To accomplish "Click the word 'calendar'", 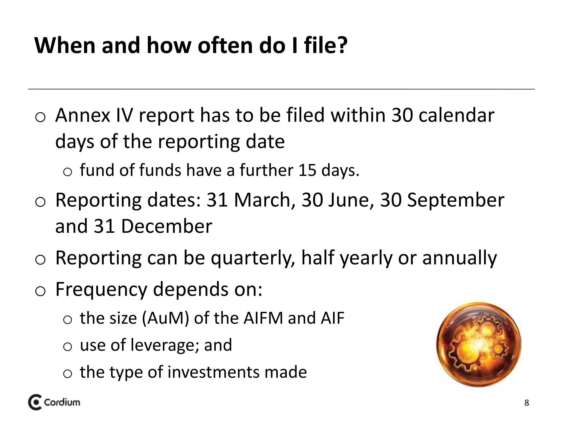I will [456, 115].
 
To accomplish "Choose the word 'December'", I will [166, 226].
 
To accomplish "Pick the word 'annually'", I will [459, 258].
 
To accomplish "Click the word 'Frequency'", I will [101, 290].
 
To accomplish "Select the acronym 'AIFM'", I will [263, 318].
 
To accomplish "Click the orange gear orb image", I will [479, 345].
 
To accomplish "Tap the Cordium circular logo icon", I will [35, 403].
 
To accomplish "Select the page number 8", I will [526, 403].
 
